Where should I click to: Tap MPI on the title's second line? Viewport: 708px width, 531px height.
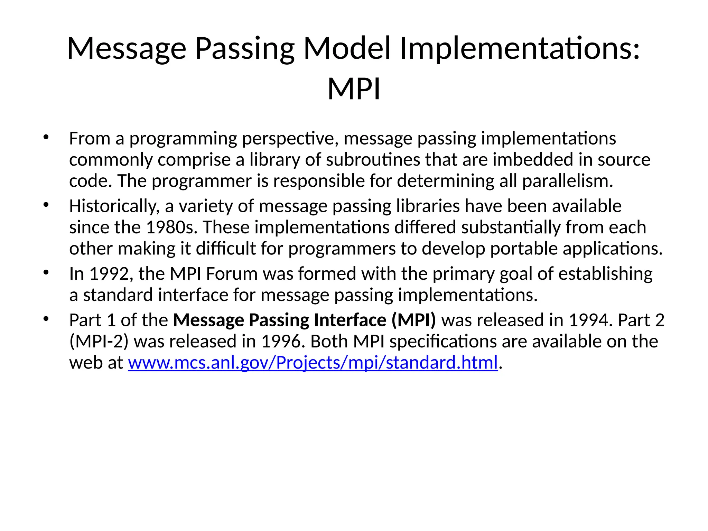354,89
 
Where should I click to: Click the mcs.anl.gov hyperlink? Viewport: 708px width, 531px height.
313,363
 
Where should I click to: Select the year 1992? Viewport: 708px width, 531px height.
109,274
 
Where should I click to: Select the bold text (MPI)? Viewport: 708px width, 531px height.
413,320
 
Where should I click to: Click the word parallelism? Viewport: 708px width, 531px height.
567,181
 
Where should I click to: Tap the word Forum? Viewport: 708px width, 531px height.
232,274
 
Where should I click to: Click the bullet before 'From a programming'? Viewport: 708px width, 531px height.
46,138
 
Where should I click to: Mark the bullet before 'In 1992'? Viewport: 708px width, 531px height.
46,273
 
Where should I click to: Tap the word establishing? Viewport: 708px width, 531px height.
605,274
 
